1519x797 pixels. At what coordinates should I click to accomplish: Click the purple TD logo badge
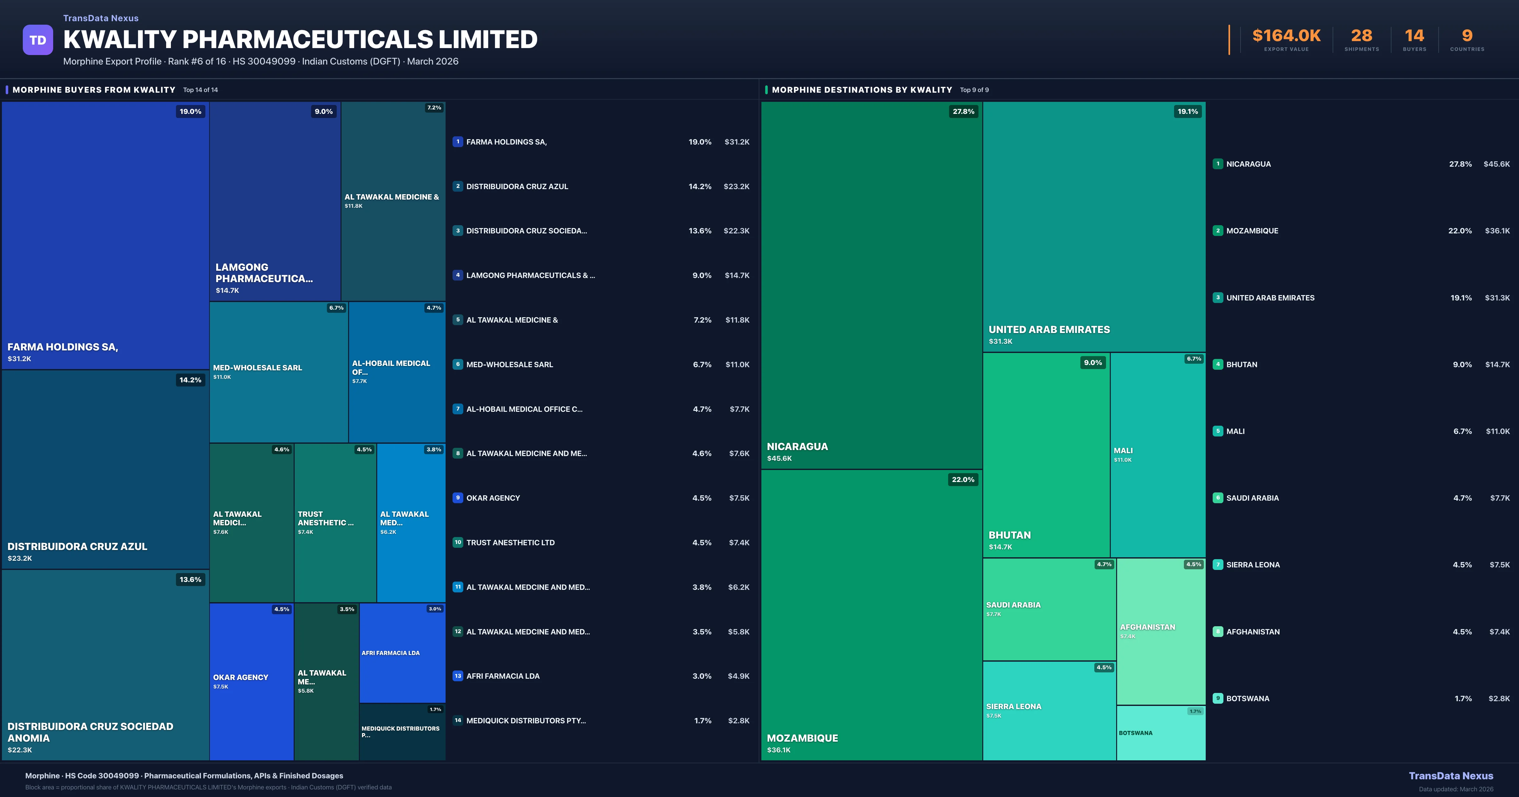[38, 40]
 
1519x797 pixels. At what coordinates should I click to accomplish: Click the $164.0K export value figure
[1286, 36]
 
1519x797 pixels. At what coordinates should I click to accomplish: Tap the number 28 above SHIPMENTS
[1361, 36]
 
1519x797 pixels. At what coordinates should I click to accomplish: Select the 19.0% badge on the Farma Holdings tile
[191, 111]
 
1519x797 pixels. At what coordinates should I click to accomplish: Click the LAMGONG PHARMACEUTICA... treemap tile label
[264, 273]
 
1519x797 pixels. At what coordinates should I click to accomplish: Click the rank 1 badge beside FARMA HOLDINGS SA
[458, 141]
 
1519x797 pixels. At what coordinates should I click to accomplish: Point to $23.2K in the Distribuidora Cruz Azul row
[736, 186]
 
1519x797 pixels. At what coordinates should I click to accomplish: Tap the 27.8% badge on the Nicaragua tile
[963, 111]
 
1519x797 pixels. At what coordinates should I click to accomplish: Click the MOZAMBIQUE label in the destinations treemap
[802, 738]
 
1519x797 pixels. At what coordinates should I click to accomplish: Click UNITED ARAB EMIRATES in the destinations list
[1270, 298]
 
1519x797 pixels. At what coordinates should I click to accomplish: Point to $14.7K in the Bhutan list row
[1497, 364]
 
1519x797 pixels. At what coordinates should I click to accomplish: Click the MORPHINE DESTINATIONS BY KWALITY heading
[861, 90]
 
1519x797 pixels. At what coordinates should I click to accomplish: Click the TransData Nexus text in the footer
[1451, 776]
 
